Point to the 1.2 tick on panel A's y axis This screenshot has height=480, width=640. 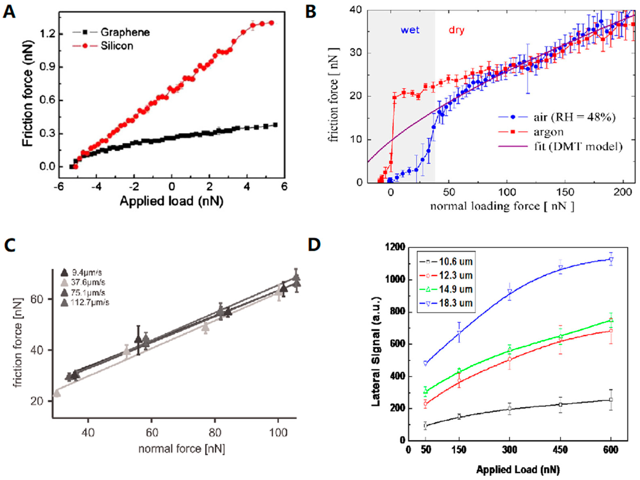(48, 34)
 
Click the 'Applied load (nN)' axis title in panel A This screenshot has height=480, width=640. (172, 201)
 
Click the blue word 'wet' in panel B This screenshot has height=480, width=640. (410, 30)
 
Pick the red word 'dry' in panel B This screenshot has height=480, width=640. (456, 30)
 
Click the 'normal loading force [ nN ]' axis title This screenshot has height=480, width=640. (502, 206)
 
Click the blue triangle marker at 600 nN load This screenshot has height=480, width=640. (611, 259)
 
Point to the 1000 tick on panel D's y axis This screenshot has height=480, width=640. (396, 280)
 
